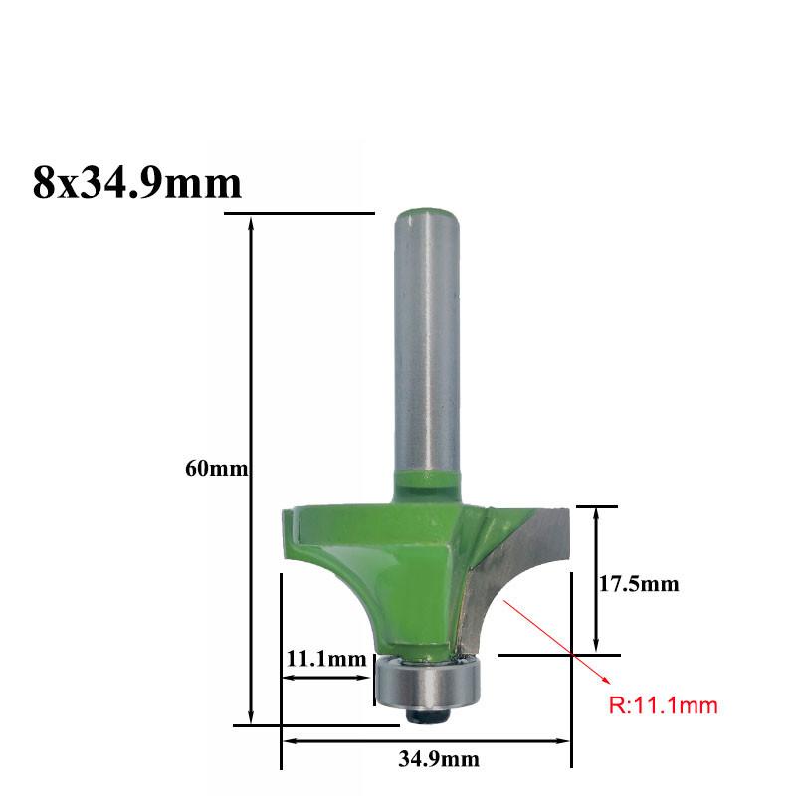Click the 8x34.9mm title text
click(137, 183)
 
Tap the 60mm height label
click(216, 468)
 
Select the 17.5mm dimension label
click(639, 584)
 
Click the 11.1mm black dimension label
click(326, 659)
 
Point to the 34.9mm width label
click(439, 759)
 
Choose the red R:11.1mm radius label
click(663, 705)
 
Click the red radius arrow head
click(605, 681)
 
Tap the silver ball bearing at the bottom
click(427, 682)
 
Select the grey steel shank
click(428, 345)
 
